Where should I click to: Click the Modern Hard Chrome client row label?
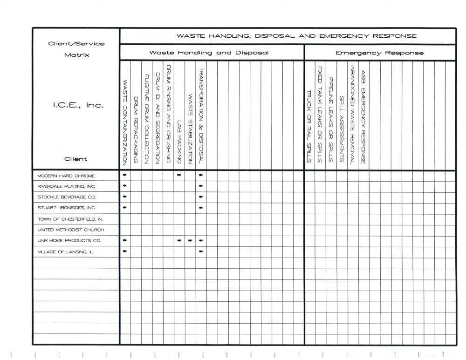[x=66, y=176]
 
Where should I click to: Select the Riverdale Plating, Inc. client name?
[x=67, y=186]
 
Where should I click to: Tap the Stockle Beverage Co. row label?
[x=66, y=197]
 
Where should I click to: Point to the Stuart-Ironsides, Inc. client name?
[x=67, y=208]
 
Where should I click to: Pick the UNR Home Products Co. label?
[x=69, y=241]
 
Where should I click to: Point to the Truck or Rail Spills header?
[x=308, y=126]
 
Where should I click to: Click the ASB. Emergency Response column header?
[x=363, y=115]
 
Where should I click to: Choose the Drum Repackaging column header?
[x=136, y=129]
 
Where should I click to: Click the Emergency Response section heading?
[x=380, y=53]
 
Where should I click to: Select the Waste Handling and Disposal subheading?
[x=209, y=53]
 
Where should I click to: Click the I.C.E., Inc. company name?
[x=75, y=105]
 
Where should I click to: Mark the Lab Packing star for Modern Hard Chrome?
[x=179, y=176]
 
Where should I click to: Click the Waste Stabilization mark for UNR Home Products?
[x=190, y=241]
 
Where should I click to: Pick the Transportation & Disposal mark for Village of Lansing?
[x=201, y=252]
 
